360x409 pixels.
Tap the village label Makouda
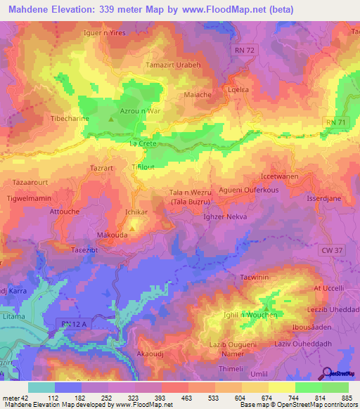coord(112,236)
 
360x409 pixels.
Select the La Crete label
coord(143,143)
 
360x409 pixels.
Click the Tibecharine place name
coord(69,118)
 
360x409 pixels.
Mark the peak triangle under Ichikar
coord(131,227)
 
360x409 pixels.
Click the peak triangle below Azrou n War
coord(111,117)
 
